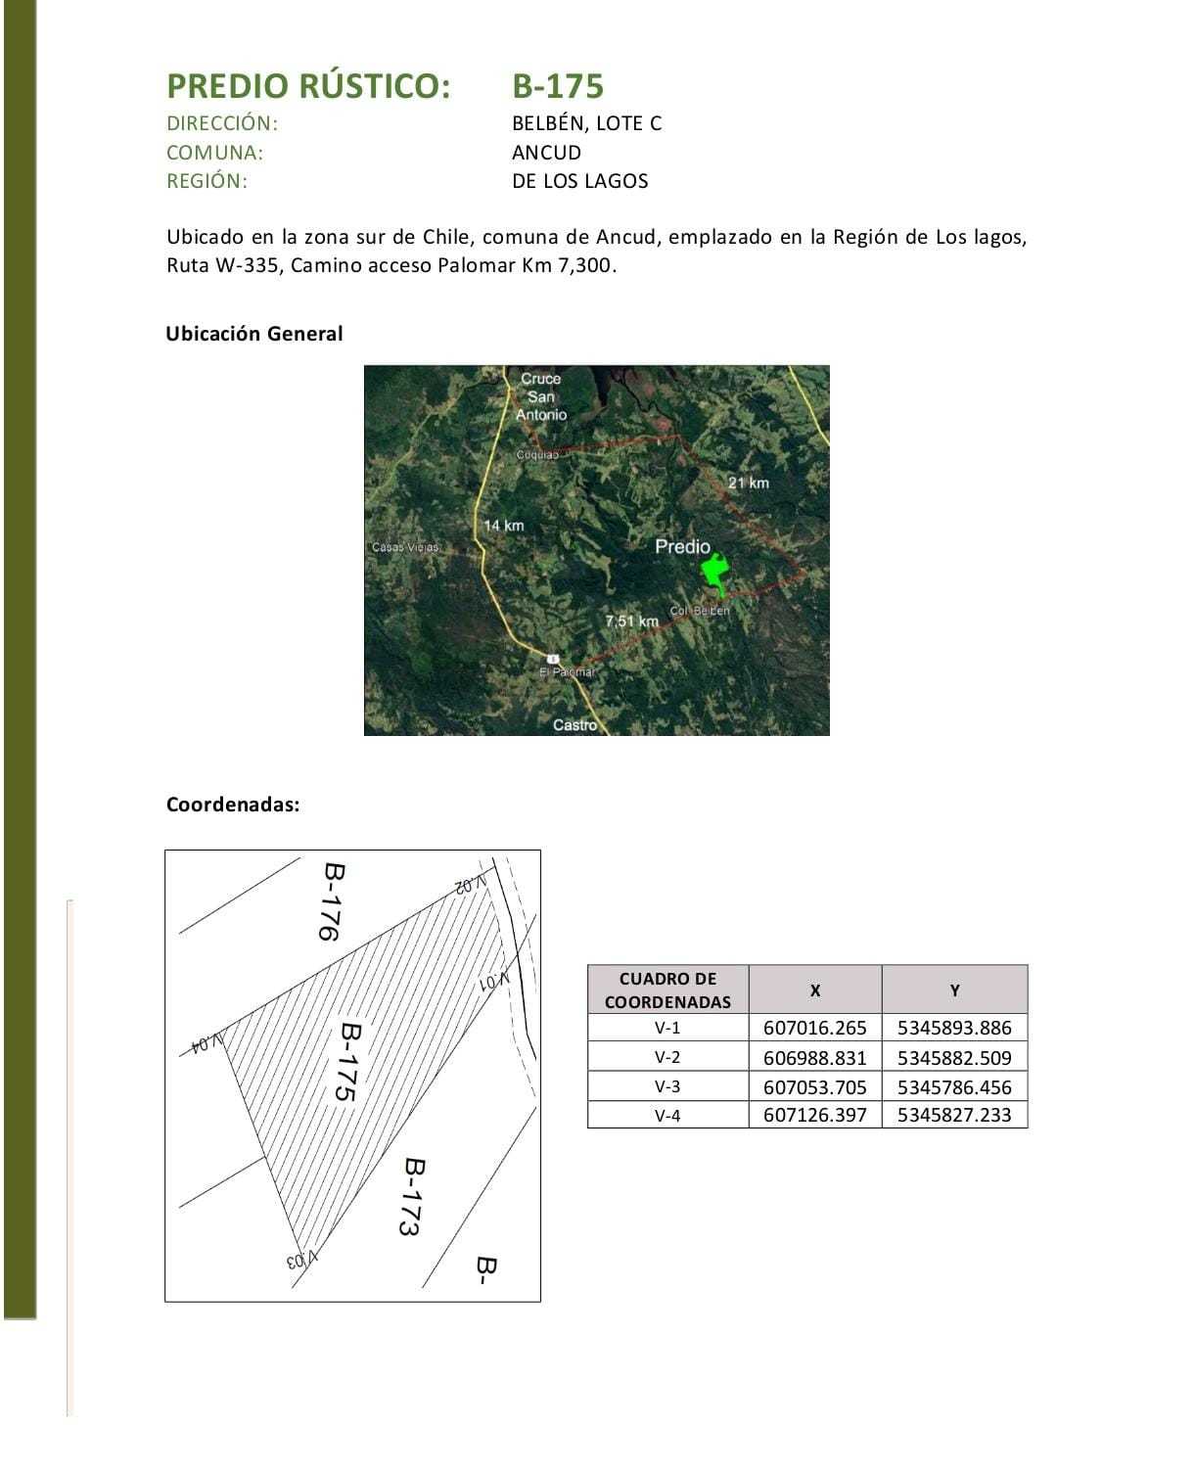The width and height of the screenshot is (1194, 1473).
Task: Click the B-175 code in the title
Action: [558, 86]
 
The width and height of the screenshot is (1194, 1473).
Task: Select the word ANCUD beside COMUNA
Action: [546, 153]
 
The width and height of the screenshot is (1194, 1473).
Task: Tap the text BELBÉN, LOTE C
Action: [586, 123]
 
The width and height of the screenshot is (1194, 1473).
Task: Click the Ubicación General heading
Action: [254, 334]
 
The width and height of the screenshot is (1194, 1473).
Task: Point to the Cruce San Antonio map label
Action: [541, 396]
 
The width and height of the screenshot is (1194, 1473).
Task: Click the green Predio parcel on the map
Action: [716, 571]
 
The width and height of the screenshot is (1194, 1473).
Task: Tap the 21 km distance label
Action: [748, 483]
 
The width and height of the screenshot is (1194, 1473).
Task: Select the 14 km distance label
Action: [503, 526]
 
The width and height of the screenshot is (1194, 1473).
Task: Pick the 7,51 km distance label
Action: [632, 621]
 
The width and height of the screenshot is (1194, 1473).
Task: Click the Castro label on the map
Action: [574, 724]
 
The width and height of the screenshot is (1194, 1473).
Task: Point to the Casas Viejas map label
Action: [405, 547]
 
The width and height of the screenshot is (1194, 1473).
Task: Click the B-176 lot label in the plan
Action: [332, 900]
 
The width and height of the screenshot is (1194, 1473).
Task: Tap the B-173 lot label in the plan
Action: [412, 1196]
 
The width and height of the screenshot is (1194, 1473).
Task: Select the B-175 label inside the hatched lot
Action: [348, 1062]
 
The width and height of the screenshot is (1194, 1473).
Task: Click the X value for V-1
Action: [814, 1028]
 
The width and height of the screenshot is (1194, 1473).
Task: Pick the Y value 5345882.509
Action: [954, 1057]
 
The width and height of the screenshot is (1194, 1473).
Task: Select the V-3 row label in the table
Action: [667, 1086]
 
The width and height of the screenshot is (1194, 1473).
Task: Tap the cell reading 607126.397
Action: [814, 1115]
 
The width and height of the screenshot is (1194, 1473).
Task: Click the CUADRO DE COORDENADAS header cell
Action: [667, 990]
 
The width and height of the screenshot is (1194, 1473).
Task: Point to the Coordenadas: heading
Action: [233, 805]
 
